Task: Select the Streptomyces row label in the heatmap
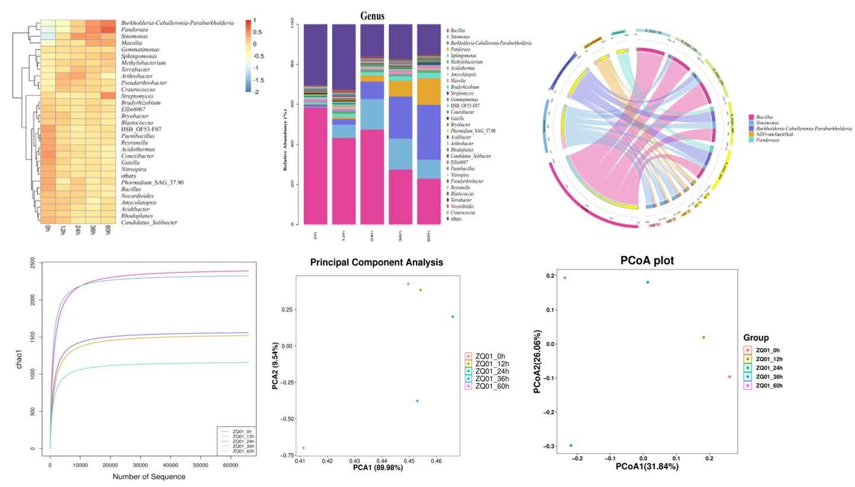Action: tap(137, 96)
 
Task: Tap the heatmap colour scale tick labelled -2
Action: tap(255, 93)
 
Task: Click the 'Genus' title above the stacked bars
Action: tap(373, 17)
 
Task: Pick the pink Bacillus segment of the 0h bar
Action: tap(315, 166)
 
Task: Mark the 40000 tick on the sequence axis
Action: tap(170, 458)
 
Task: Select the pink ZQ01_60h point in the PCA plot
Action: tap(303, 448)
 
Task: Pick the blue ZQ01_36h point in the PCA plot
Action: tap(417, 401)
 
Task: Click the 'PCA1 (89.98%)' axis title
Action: tap(370, 467)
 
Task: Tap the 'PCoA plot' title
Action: tap(647, 260)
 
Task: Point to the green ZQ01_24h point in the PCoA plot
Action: tap(571, 445)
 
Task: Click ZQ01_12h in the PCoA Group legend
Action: tap(770, 359)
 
